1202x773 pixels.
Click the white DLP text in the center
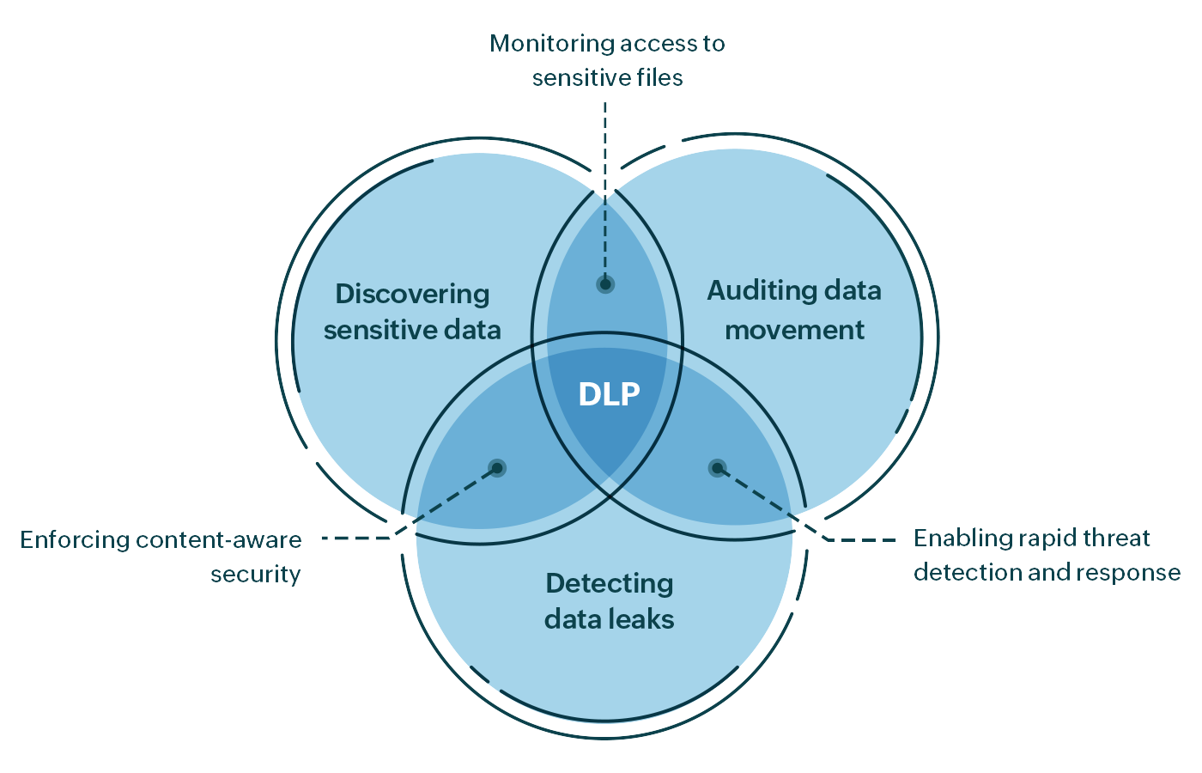pyautogui.click(x=609, y=394)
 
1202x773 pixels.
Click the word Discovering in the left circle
pyautogui.click(x=412, y=295)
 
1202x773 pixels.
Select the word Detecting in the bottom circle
pyautogui.click(x=609, y=584)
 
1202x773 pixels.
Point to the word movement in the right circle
pyautogui.click(x=794, y=331)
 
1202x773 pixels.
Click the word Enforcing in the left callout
pyautogui.click(x=75, y=540)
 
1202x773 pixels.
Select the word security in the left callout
pyautogui.click(x=256, y=575)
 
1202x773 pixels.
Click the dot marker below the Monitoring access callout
pyautogui.click(x=605, y=284)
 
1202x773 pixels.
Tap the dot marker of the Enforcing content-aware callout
pyautogui.click(x=496, y=468)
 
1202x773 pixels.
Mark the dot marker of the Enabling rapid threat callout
pyautogui.click(x=717, y=468)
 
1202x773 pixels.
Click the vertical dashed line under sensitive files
pyautogui.click(x=605, y=172)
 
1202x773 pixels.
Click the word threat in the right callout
pyautogui.click(x=1115, y=539)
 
